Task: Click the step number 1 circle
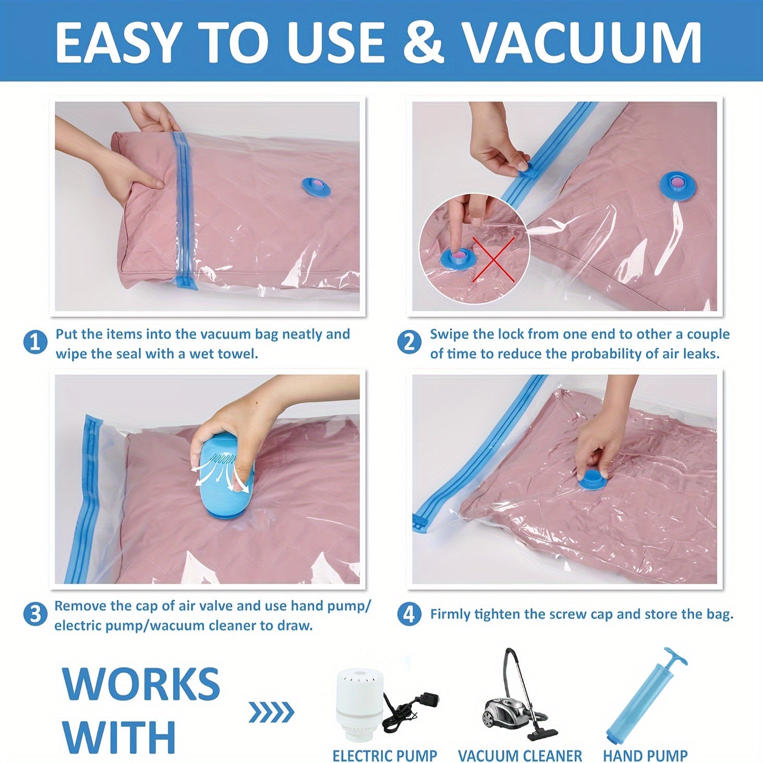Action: tap(35, 343)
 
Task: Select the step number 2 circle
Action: tap(409, 343)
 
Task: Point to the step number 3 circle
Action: tap(35, 615)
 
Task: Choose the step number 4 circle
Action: tap(409, 614)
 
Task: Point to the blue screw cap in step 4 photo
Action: tap(593, 479)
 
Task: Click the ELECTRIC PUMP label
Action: tap(384, 755)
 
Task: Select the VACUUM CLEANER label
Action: tap(519, 755)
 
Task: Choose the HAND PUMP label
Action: tap(645, 755)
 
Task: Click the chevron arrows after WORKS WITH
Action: tap(271, 711)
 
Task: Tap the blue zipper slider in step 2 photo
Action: tap(526, 168)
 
